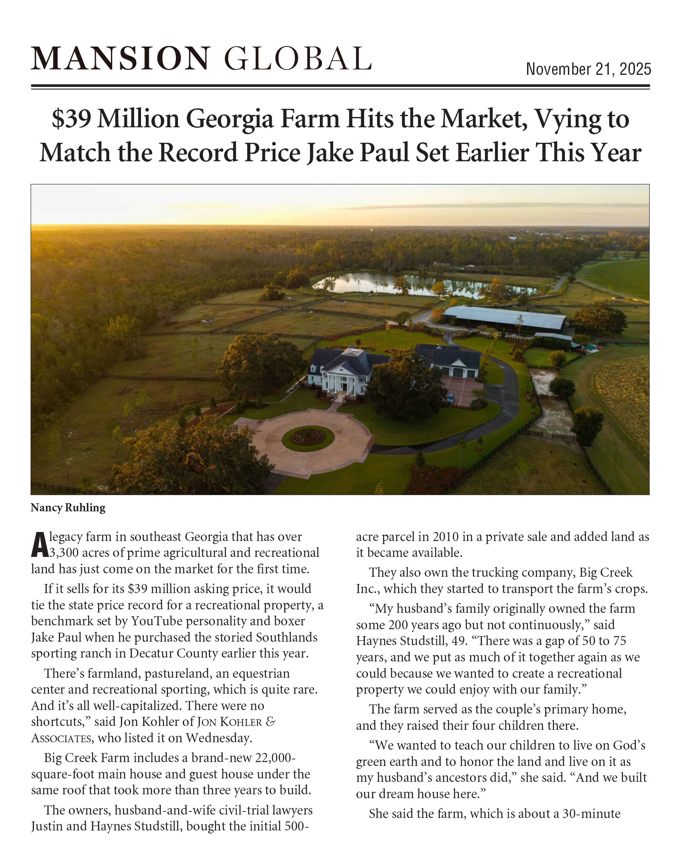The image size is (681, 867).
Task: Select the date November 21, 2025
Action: (x=588, y=69)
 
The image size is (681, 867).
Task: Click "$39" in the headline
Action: (x=72, y=119)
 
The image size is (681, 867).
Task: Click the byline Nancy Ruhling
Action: (x=68, y=508)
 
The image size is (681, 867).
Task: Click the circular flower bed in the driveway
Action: (x=308, y=437)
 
